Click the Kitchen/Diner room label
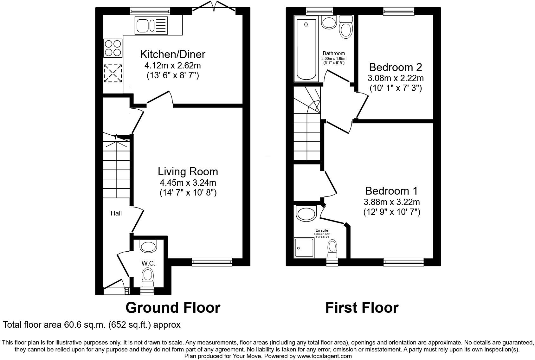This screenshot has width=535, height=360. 173,54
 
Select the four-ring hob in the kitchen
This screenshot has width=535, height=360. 113,48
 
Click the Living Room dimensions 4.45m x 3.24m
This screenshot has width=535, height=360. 188,183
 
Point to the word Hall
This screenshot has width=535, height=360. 116,213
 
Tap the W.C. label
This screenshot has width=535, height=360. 148,263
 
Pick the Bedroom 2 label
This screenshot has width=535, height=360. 396,67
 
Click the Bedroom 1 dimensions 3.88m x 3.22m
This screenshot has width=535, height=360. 392,202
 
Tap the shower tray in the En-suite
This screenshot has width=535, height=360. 304,248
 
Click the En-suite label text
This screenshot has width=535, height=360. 322,230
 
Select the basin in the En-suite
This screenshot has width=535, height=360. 306,213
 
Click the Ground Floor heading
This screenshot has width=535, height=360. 173,308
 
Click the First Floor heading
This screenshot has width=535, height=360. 362,308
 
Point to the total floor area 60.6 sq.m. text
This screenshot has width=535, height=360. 92,325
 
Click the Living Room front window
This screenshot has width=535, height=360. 212,261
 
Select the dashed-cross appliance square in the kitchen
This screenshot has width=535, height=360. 113,74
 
